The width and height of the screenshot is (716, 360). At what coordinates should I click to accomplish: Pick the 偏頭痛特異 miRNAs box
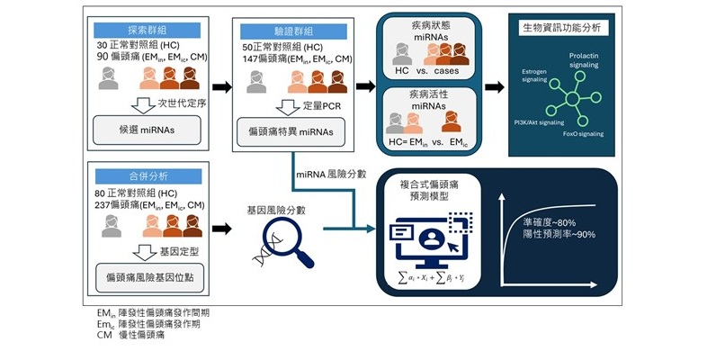click(289, 131)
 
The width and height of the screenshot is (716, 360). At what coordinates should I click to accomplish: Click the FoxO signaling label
click(593, 133)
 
